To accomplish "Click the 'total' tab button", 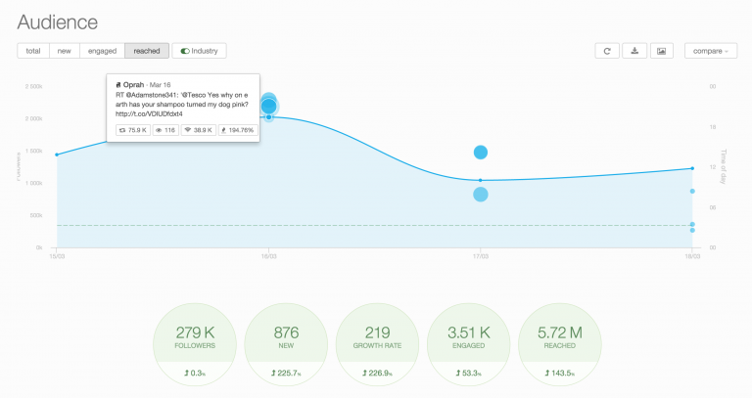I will tap(33, 51).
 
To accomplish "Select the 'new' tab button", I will tap(64, 51).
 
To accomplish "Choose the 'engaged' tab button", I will tap(102, 51).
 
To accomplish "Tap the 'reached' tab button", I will tap(147, 51).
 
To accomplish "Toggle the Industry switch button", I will tap(200, 51).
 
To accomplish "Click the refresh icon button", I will tap(607, 51).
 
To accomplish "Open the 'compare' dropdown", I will tap(710, 51).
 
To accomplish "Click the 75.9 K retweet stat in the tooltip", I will tap(133, 129).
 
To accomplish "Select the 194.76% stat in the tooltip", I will tap(236, 129).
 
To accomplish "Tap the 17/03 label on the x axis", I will tap(480, 255).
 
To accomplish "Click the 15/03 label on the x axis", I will tap(58, 255).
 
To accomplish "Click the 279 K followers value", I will tap(195, 334).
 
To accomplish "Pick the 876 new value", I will tap(286, 334).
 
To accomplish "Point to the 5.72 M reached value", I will tap(559, 334).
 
